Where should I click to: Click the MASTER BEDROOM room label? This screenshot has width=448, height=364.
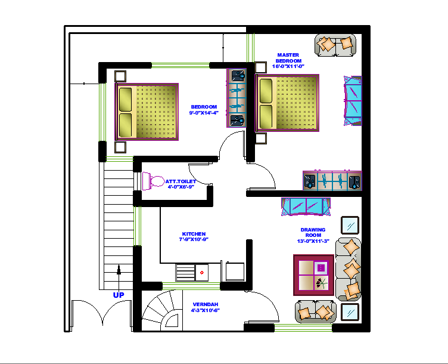point(289,58)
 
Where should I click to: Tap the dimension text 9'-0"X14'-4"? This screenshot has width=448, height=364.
point(204,112)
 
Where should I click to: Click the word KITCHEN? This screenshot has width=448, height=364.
point(194,234)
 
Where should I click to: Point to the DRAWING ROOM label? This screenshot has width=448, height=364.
point(313,232)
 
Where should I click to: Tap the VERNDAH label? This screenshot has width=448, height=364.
point(206,304)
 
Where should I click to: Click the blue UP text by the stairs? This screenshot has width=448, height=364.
point(119,295)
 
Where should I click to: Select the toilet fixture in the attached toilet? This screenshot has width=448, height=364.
point(154,181)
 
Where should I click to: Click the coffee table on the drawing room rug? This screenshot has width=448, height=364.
point(313,275)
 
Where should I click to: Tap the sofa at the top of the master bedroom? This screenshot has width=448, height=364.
point(335,45)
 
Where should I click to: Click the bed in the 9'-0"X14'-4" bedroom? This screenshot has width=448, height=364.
point(147,112)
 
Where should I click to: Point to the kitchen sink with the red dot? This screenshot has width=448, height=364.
point(202,272)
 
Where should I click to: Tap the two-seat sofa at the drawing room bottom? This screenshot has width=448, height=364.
point(316,311)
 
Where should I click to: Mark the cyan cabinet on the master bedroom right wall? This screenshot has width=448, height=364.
point(352,101)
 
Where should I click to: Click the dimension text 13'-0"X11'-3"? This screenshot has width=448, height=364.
point(313,241)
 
